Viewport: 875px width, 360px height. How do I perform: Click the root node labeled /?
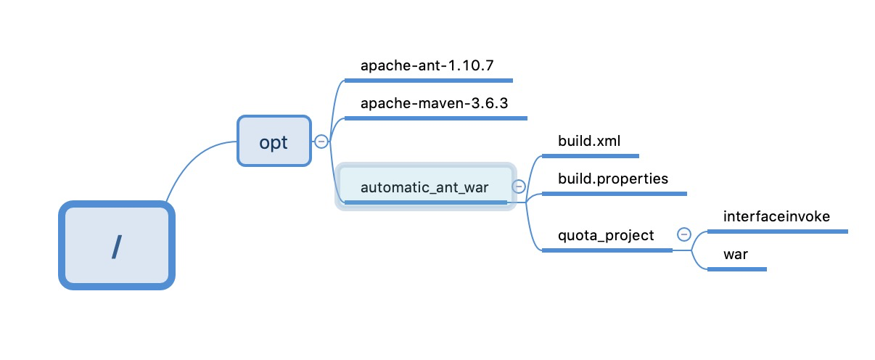point(117,246)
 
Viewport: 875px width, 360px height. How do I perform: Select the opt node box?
point(274,142)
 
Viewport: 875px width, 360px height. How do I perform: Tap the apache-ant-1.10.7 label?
point(427,66)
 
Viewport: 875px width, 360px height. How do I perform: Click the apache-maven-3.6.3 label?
point(434,103)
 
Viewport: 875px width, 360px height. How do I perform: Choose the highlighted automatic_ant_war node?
point(424,187)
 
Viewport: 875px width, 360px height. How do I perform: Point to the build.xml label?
point(588,141)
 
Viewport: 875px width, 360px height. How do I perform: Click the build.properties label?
point(612,179)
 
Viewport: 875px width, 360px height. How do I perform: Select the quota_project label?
point(606,235)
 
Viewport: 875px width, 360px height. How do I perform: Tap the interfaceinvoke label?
point(776,216)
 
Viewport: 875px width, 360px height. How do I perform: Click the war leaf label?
point(735,254)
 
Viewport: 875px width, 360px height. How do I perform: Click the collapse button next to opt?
point(321,142)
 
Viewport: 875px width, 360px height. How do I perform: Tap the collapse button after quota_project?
point(683,234)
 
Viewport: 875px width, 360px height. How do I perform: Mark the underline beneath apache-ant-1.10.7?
point(428,81)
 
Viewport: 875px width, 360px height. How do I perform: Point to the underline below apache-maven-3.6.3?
point(435,118)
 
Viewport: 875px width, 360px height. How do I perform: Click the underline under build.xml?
point(590,155)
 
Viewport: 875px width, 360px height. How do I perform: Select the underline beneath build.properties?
point(614,194)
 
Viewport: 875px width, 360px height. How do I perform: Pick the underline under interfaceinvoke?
point(777,232)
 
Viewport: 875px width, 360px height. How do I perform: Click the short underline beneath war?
point(736,269)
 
